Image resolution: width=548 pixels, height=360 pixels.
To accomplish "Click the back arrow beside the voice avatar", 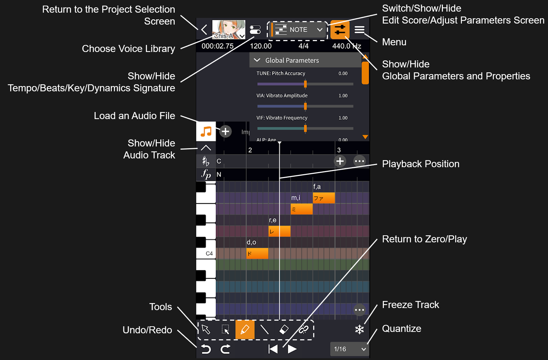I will pos(204,30).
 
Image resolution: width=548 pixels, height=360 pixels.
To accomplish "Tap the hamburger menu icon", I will pos(359,30).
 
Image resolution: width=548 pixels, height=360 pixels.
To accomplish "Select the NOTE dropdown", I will pos(298,30).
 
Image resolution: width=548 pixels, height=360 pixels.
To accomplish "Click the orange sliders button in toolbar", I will pos(340,30).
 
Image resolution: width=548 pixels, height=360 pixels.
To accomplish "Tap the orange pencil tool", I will pos(245,329).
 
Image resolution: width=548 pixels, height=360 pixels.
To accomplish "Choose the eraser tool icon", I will pos(284,329).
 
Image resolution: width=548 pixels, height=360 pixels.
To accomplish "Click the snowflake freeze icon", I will pos(359,329).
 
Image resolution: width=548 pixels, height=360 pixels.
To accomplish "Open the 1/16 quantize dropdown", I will pos(349,349).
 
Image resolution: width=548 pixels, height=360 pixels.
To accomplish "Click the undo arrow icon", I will pos(206,349).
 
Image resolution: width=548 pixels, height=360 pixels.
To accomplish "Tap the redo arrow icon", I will pos(225,349).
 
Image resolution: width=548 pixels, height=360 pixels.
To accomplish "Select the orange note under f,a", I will pos(324,198).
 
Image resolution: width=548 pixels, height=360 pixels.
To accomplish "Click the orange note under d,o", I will pos(257,253).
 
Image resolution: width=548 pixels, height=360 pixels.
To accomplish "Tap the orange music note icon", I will pos(206,132).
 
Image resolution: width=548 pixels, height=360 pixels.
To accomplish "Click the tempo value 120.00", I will pos(260,46).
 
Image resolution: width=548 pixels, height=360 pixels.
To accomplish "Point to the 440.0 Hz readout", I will pos(346,46).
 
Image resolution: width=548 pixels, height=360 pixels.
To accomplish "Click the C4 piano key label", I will pos(209,253).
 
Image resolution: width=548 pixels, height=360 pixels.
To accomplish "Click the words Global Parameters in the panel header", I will pos(292,60).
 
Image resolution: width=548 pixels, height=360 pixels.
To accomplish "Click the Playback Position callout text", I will pos(420,164).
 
